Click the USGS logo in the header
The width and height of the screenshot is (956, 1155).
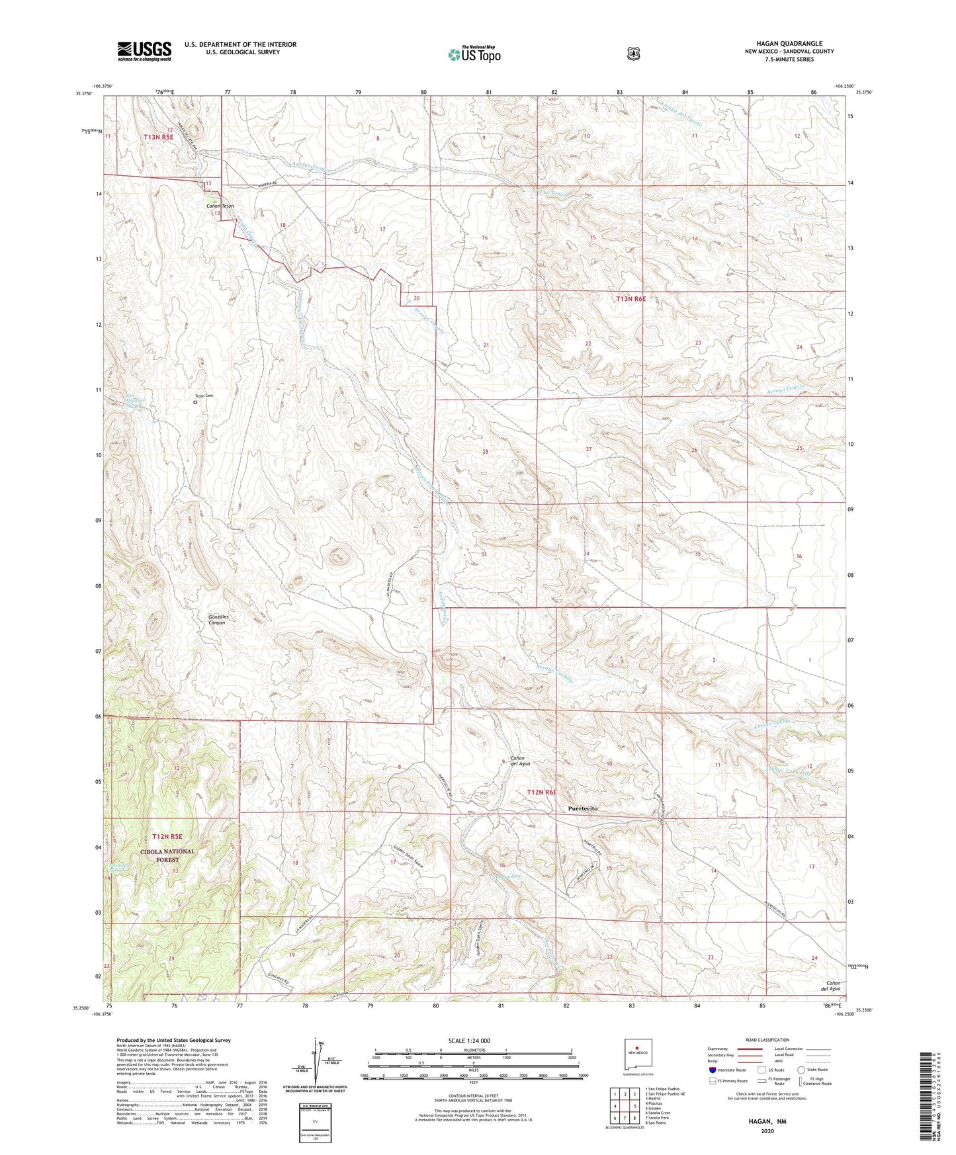[x=144, y=51]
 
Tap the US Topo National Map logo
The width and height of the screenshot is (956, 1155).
[x=473, y=54]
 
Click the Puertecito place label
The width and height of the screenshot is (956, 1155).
[x=583, y=808]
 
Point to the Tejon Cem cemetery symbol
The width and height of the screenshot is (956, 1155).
[x=195, y=402]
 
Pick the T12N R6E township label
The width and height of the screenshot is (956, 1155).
[x=542, y=792]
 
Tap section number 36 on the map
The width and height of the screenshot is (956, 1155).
[x=799, y=556]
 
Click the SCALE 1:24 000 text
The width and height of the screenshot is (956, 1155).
[x=469, y=1041]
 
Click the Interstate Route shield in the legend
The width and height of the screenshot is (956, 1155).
[x=712, y=1070]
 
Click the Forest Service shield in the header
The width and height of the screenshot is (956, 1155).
[x=633, y=53]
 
